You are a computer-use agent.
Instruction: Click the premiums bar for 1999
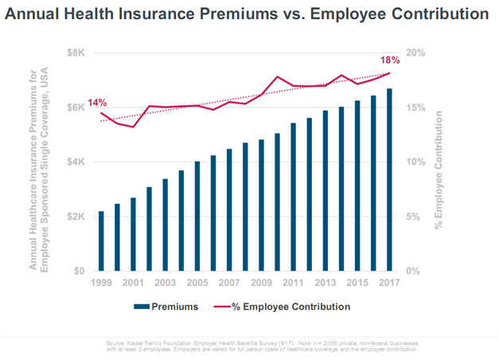pyautogui.click(x=101, y=241)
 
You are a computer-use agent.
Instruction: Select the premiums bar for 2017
pyautogui.click(x=389, y=180)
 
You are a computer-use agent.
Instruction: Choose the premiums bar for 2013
pyautogui.click(x=325, y=191)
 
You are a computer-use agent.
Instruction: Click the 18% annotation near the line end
pyautogui.click(x=390, y=61)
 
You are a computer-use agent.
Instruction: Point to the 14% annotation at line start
pyautogui.click(x=97, y=103)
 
